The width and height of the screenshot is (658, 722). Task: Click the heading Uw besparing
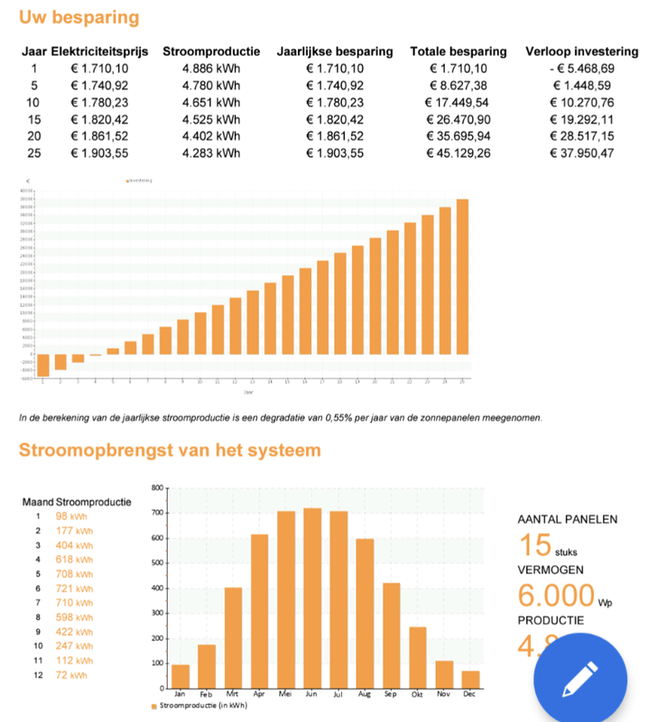(79, 17)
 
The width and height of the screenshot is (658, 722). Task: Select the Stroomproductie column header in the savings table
(211, 51)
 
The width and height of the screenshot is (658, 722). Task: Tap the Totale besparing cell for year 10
(458, 102)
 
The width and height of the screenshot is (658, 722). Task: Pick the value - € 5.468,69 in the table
(581, 68)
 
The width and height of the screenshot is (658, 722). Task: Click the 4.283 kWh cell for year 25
(211, 153)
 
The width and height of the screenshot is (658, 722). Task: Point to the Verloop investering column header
(581, 51)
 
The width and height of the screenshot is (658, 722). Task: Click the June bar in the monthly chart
(312, 596)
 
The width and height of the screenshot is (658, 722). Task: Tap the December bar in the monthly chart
(470, 679)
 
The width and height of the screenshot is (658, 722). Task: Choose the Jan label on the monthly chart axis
(181, 694)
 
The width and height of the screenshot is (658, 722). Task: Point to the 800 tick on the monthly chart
(157, 488)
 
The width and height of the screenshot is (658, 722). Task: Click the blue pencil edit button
(579, 677)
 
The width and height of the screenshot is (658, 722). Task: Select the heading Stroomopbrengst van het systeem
(170, 449)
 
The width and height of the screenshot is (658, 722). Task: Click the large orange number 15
(534, 545)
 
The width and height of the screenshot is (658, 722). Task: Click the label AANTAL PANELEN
(567, 519)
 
